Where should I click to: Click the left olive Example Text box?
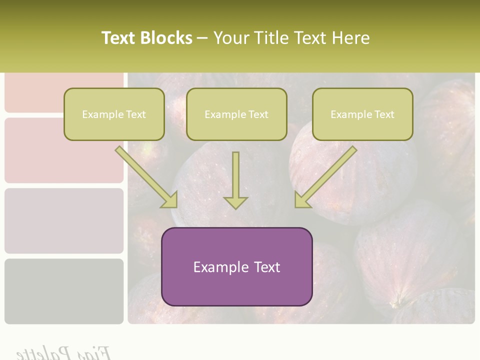click(114, 114)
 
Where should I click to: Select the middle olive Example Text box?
click(236, 114)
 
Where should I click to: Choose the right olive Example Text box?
click(362, 114)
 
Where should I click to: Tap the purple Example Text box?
click(236, 266)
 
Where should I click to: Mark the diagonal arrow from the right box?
click(325, 177)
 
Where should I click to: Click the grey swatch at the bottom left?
click(64, 291)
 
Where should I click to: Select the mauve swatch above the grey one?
click(64, 220)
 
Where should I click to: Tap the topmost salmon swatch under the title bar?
click(64, 92)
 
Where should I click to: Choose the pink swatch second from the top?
click(64, 150)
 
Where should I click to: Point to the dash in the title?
click(202, 38)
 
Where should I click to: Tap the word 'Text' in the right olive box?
click(384, 114)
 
